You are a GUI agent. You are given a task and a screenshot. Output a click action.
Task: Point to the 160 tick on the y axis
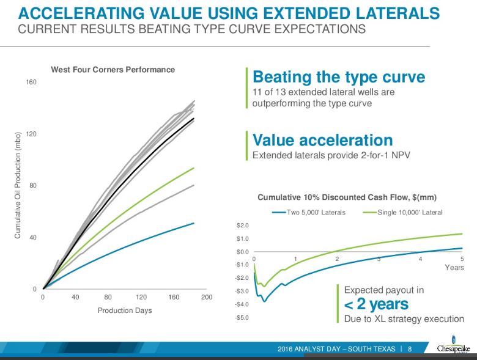31,82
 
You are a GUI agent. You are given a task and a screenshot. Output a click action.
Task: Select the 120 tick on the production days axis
141,297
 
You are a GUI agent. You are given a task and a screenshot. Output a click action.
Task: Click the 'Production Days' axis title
125,310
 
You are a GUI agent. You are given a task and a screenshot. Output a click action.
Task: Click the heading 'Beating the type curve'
338,78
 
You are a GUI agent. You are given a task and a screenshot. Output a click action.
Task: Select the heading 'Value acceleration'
322,140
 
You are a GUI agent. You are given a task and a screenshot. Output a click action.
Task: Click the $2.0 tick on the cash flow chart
243,226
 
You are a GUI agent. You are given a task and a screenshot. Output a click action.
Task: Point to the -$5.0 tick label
242,317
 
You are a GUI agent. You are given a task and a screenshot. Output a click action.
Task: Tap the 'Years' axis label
454,268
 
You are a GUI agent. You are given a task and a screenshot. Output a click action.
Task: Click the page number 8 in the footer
409,348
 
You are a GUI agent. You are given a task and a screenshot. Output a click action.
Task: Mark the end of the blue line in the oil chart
193,223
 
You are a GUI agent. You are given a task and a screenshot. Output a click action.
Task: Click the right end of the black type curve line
194,119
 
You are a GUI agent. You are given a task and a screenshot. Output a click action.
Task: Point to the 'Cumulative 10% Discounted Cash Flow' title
346,197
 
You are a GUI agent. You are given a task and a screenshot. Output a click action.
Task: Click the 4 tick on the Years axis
421,259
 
